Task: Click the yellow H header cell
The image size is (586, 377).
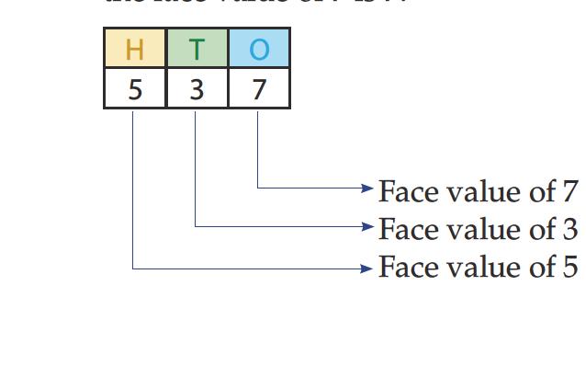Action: point(135,49)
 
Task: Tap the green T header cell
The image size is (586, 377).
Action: point(197,49)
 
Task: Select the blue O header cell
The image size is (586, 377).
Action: point(259,49)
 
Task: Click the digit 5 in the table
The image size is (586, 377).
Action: point(135,90)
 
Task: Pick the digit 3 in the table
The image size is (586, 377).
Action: point(197,90)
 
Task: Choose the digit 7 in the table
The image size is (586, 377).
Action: point(259,90)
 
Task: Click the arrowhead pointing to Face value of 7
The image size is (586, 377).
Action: point(367,188)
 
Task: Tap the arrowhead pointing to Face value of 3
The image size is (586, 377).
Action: point(367,225)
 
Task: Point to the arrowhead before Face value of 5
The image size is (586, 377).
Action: point(367,268)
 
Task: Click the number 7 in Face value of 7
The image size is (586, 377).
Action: point(569,191)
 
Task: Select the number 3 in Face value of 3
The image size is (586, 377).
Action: point(569,228)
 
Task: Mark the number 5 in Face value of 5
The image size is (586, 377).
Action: point(569,268)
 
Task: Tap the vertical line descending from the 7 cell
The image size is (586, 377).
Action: point(257,147)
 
